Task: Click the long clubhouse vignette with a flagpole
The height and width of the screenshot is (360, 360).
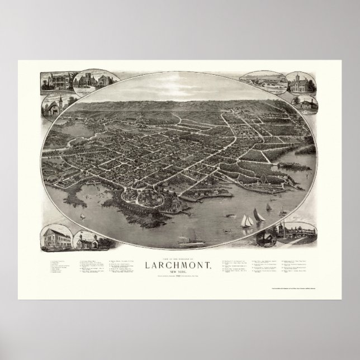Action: click(x=299, y=233)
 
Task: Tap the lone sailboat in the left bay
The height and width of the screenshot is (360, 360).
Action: click(x=82, y=216)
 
